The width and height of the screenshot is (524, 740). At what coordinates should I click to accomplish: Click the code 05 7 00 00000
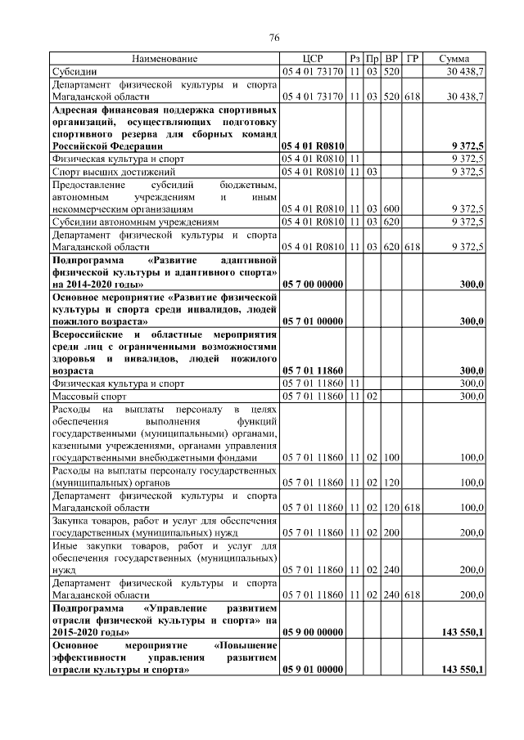point(312,284)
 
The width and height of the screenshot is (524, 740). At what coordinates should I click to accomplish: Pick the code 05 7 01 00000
point(312,322)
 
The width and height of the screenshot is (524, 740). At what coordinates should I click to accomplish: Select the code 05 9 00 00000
point(312,632)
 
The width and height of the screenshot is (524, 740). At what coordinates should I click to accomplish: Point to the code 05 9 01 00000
point(312,670)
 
